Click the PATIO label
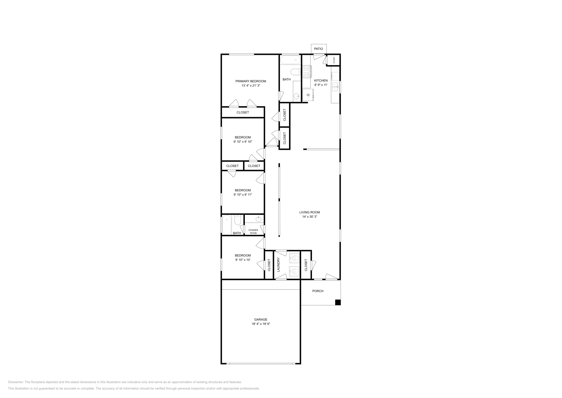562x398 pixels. click(x=319, y=49)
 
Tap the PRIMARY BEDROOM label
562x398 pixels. click(x=251, y=81)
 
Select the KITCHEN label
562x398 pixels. click(x=321, y=81)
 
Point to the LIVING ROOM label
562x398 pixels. click(x=309, y=212)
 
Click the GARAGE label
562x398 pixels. click(x=261, y=320)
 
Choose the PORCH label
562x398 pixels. click(x=318, y=291)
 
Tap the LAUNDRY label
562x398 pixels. click(x=278, y=265)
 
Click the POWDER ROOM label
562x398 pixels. click(x=253, y=231)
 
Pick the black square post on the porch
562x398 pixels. click(x=338, y=302)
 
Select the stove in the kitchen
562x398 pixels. click(x=307, y=71)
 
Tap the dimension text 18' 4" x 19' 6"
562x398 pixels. click(x=261, y=324)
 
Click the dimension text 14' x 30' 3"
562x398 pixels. click(x=309, y=217)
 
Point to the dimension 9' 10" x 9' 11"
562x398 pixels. click(x=243, y=195)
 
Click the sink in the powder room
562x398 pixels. click(x=259, y=219)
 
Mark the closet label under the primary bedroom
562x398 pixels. click(x=243, y=113)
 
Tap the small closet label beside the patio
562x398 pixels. click(x=334, y=60)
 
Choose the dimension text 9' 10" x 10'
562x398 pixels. click(x=243, y=260)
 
